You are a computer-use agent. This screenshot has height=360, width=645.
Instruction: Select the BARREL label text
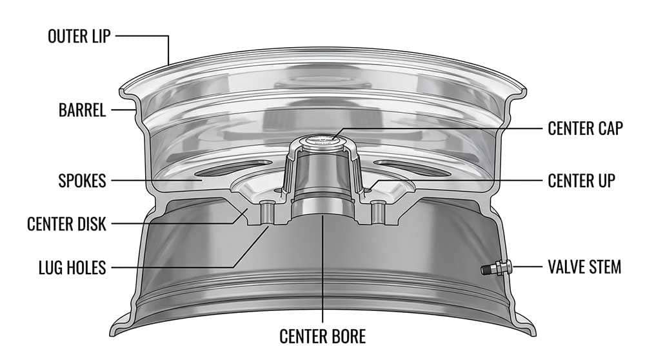click(82, 110)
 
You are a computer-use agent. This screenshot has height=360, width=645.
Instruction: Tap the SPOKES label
click(81, 181)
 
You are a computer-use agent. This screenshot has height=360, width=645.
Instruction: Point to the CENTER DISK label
click(66, 224)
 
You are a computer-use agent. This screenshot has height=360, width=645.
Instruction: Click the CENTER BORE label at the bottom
click(322, 336)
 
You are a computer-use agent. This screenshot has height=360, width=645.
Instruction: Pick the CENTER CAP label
click(584, 128)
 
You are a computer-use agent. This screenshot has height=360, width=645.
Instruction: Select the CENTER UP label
click(580, 181)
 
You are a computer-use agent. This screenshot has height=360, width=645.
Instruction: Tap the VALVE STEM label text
click(584, 266)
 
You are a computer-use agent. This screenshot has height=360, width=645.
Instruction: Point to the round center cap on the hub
click(322, 140)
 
